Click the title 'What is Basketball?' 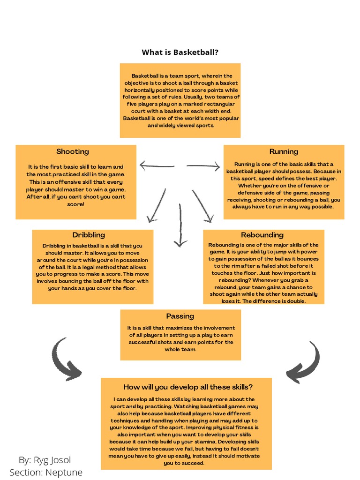[180, 52]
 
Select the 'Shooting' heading [73, 151]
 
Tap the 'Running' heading [284, 151]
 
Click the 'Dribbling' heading [89, 235]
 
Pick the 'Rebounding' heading [262, 235]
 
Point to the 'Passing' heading [180, 316]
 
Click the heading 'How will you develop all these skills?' [188, 387]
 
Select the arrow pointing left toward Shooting [157, 165]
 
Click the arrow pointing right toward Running [203, 166]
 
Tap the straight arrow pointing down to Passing [180, 225]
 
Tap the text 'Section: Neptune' [46, 472]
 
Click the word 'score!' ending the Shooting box [75, 204]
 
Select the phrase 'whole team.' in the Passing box [180, 349]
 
